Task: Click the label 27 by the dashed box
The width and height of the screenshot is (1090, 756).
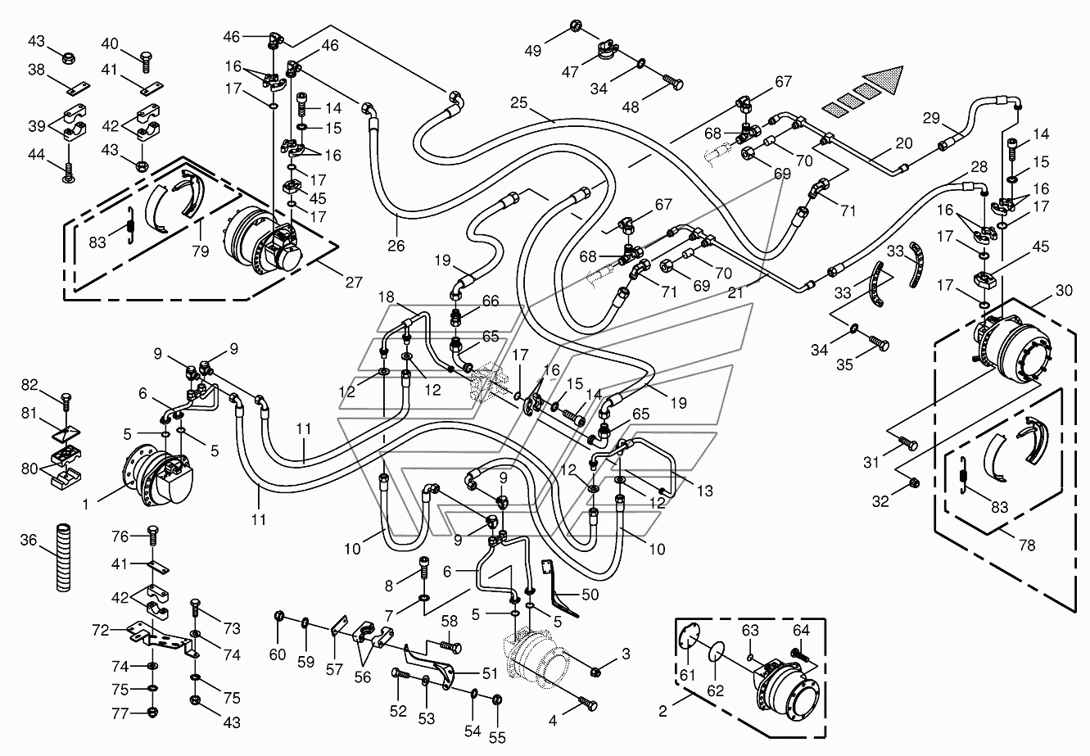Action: [354, 283]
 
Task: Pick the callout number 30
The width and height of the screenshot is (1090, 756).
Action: [1064, 289]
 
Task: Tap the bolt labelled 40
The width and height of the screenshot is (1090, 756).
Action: [145, 59]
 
